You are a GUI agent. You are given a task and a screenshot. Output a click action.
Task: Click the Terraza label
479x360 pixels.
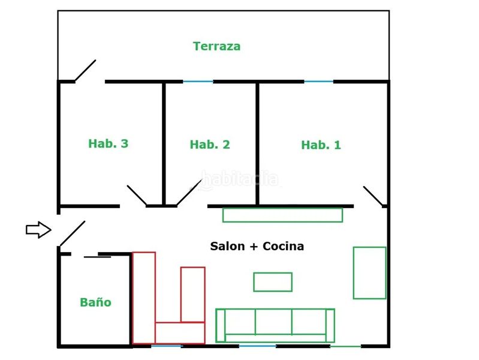pos(216,46)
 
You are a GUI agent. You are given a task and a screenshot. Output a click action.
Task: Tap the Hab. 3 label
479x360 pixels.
pos(108,143)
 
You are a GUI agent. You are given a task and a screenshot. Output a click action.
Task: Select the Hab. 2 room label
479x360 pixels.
pos(210,145)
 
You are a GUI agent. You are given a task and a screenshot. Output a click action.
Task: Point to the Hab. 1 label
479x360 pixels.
pos(321,145)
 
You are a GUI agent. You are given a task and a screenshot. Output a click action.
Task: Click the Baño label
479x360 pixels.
pos(95,302)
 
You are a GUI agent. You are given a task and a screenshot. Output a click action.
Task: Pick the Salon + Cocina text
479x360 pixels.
pos(257,246)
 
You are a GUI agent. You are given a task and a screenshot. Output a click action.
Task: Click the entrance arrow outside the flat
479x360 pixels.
pos(38,229)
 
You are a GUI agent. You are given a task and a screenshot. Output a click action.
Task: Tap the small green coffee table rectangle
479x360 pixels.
pos(273,281)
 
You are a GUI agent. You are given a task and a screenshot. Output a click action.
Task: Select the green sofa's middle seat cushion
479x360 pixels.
pos(273,322)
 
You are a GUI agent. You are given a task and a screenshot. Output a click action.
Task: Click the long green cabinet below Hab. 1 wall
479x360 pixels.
pos(282,215)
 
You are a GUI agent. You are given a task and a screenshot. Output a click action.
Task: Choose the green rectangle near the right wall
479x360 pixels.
pos(370,272)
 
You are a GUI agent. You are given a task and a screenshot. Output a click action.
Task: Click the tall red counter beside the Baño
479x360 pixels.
pos(144,298)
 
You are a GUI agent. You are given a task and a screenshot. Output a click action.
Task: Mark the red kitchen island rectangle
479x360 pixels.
pos(193,295)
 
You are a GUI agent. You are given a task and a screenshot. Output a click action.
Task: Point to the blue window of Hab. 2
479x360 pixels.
pos(198,82)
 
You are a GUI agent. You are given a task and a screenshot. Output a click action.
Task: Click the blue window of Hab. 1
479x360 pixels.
pos(318,82)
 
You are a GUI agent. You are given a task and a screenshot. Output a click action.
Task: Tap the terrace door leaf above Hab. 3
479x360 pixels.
pos(85,71)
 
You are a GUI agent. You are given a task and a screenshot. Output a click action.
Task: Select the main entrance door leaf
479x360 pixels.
pos(73,233)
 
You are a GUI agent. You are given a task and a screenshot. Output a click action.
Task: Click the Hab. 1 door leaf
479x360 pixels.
pos(373,196)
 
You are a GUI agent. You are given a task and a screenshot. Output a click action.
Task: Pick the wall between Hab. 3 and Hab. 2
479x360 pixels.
pos(164,144)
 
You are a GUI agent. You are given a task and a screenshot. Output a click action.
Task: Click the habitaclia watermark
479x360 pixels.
pos(240,179)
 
